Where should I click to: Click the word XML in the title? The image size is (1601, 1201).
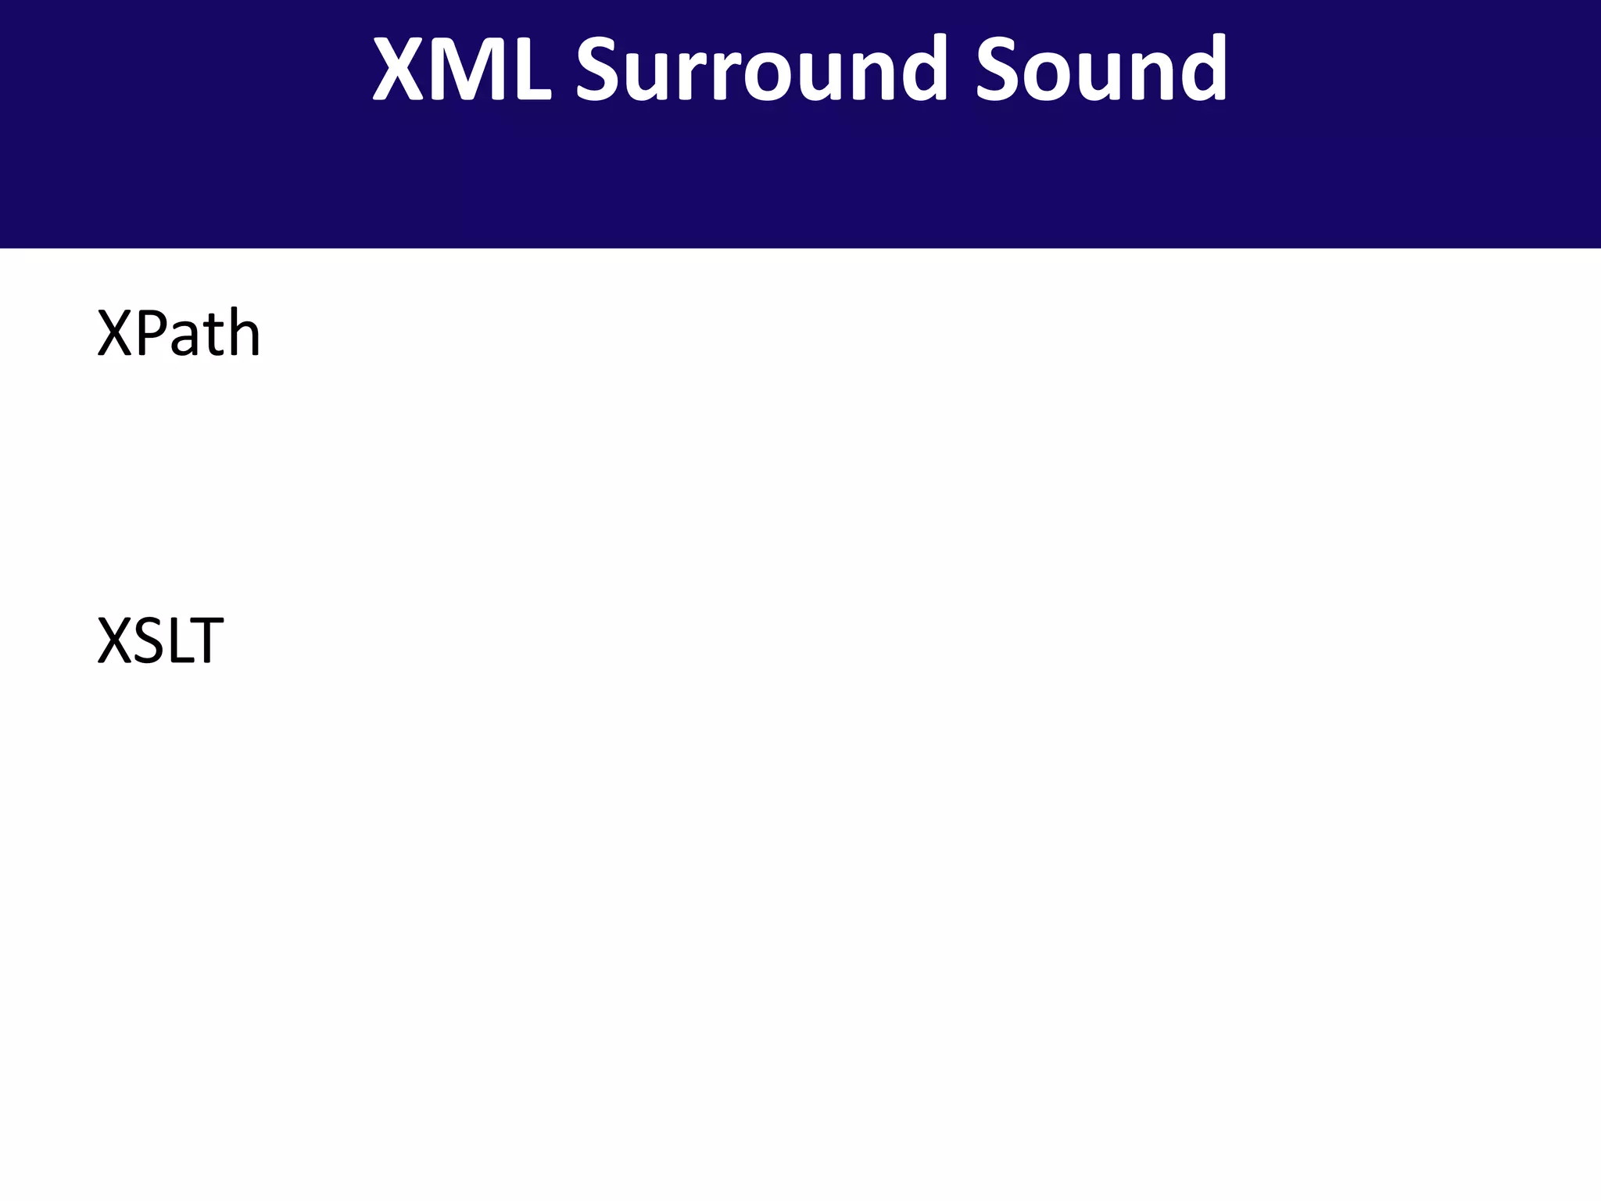tap(461, 69)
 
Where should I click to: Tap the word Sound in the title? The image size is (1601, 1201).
tap(1101, 69)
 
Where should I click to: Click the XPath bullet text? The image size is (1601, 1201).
tap(178, 334)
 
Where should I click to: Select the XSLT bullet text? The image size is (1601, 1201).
tap(160, 641)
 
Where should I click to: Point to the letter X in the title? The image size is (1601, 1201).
tap(398, 69)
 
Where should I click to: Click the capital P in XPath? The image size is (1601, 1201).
tap(149, 334)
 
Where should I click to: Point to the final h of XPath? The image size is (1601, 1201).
tap(242, 332)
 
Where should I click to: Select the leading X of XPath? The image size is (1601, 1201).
tap(116, 334)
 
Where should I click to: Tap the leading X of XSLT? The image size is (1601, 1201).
tap(116, 641)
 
